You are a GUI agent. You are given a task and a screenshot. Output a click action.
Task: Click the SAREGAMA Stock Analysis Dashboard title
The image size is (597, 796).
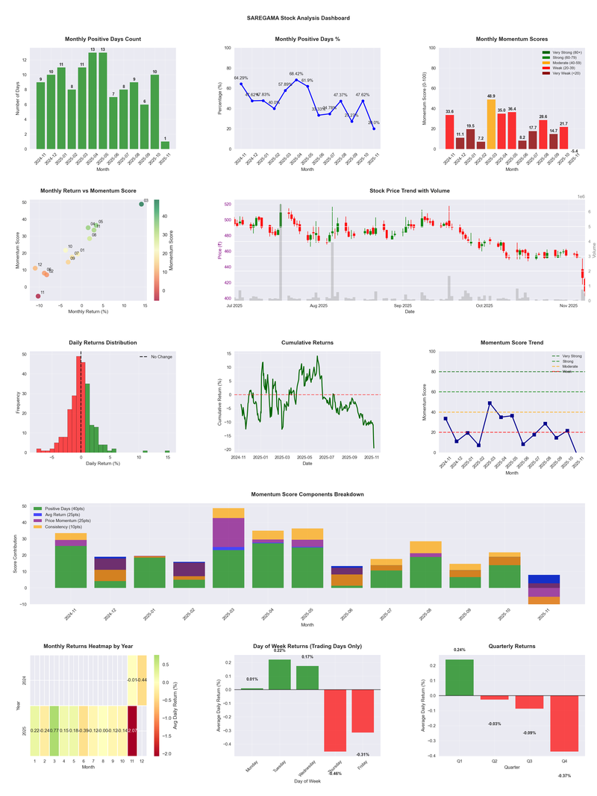[298, 18]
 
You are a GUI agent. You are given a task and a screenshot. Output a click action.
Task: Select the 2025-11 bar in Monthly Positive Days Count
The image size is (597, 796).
[165, 145]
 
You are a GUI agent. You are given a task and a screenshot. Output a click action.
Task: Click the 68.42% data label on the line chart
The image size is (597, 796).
[296, 74]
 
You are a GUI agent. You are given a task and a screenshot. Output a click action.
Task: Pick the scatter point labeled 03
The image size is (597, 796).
[141, 204]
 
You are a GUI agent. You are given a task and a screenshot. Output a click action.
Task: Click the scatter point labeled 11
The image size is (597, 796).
[38, 296]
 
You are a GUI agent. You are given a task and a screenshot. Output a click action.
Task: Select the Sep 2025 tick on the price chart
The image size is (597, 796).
[403, 305]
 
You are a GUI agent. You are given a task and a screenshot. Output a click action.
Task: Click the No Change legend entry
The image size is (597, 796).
[160, 357]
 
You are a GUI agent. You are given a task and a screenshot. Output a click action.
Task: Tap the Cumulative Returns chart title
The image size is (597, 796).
[307, 343]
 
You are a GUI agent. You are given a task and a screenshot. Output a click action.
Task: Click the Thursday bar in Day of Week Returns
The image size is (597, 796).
[335, 720]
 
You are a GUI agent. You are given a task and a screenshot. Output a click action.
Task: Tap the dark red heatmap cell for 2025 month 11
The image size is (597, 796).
[132, 730]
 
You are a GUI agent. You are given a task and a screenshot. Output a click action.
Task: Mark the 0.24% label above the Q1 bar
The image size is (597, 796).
[459, 650]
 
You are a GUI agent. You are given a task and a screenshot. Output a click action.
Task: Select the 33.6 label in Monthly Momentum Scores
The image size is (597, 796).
[449, 111]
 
